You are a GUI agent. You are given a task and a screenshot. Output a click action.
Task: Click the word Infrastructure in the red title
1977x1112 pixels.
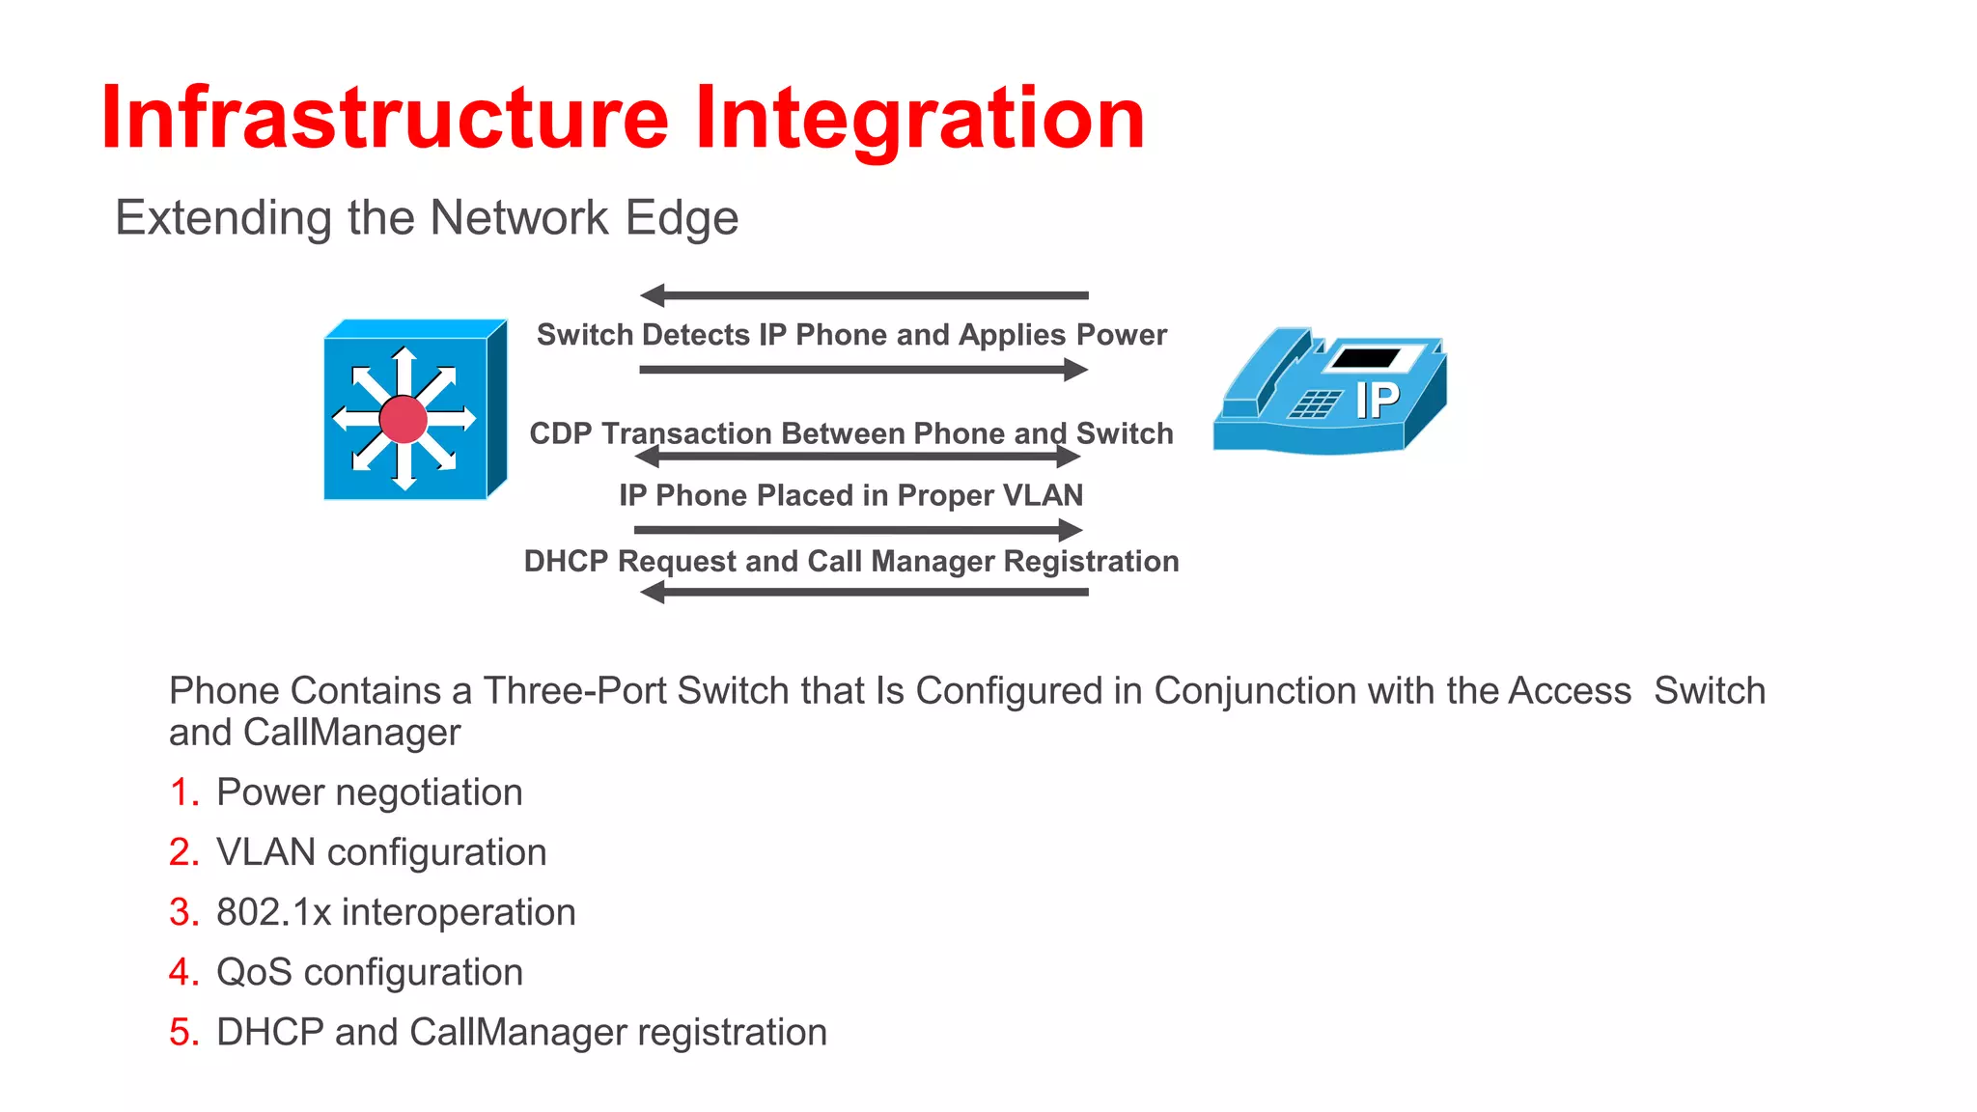tap(384, 118)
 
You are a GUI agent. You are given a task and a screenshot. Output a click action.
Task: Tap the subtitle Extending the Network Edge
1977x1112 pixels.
tap(426, 217)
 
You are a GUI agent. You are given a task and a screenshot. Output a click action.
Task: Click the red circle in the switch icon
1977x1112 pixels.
tap(404, 419)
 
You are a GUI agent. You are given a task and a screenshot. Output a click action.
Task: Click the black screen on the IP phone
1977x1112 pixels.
tap(1366, 358)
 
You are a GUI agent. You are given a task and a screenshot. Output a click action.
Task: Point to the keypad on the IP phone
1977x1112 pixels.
tap(1315, 403)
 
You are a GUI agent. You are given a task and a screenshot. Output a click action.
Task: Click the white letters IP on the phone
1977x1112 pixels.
tap(1378, 401)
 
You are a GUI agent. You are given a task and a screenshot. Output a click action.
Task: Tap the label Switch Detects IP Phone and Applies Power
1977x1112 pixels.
tap(851, 335)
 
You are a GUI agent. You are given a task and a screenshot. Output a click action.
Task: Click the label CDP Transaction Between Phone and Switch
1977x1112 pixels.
tap(851, 433)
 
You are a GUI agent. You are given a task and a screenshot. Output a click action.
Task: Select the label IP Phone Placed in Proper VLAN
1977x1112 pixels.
tap(851, 495)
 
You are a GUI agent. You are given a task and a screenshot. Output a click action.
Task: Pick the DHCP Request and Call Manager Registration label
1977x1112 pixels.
tap(851, 561)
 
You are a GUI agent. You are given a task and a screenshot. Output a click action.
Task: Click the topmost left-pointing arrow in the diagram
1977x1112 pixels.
tap(864, 295)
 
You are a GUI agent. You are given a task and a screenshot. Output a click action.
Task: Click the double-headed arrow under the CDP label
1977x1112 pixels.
tap(857, 457)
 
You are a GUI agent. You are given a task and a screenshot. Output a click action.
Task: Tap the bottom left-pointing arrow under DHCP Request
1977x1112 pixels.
tap(864, 592)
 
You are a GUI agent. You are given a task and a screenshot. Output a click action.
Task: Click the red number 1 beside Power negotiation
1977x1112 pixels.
tap(180, 792)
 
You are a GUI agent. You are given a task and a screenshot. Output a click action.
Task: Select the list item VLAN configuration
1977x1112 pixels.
tap(381, 852)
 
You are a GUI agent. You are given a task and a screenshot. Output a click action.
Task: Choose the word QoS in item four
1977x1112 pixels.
tap(254, 972)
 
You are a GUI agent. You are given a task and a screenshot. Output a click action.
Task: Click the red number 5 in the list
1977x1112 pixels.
tap(181, 1032)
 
